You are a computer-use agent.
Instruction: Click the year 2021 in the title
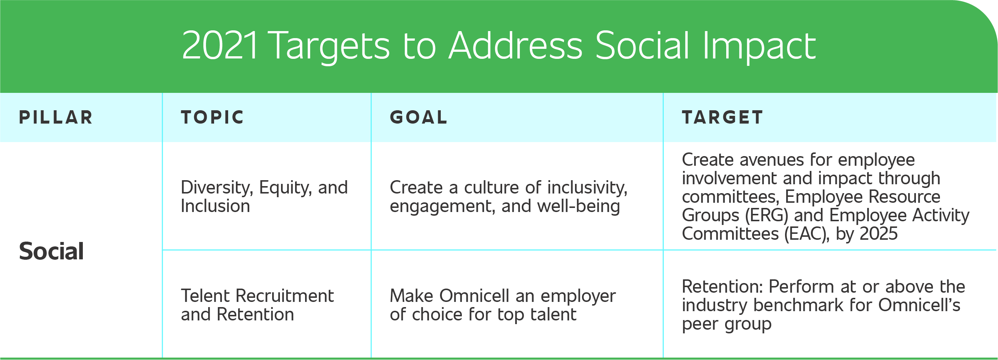click(x=220, y=46)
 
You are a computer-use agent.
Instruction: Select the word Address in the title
click(x=515, y=46)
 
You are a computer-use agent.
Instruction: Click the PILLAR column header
click(x=56, y=117)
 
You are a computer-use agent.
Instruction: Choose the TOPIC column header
click(x=212, y=117)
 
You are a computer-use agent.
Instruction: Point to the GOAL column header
click(x=419, y=117)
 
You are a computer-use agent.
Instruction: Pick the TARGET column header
click(x=722, y=117)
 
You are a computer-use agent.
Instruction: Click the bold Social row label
click(x=51, y=251)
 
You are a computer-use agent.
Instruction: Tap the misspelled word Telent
click(x=205, y=296)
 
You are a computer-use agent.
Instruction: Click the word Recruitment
click(x=284, y=296)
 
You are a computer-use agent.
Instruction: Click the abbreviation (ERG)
click(x=766, y=215)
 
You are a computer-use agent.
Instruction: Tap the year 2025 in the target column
click(x=878, y=234)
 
